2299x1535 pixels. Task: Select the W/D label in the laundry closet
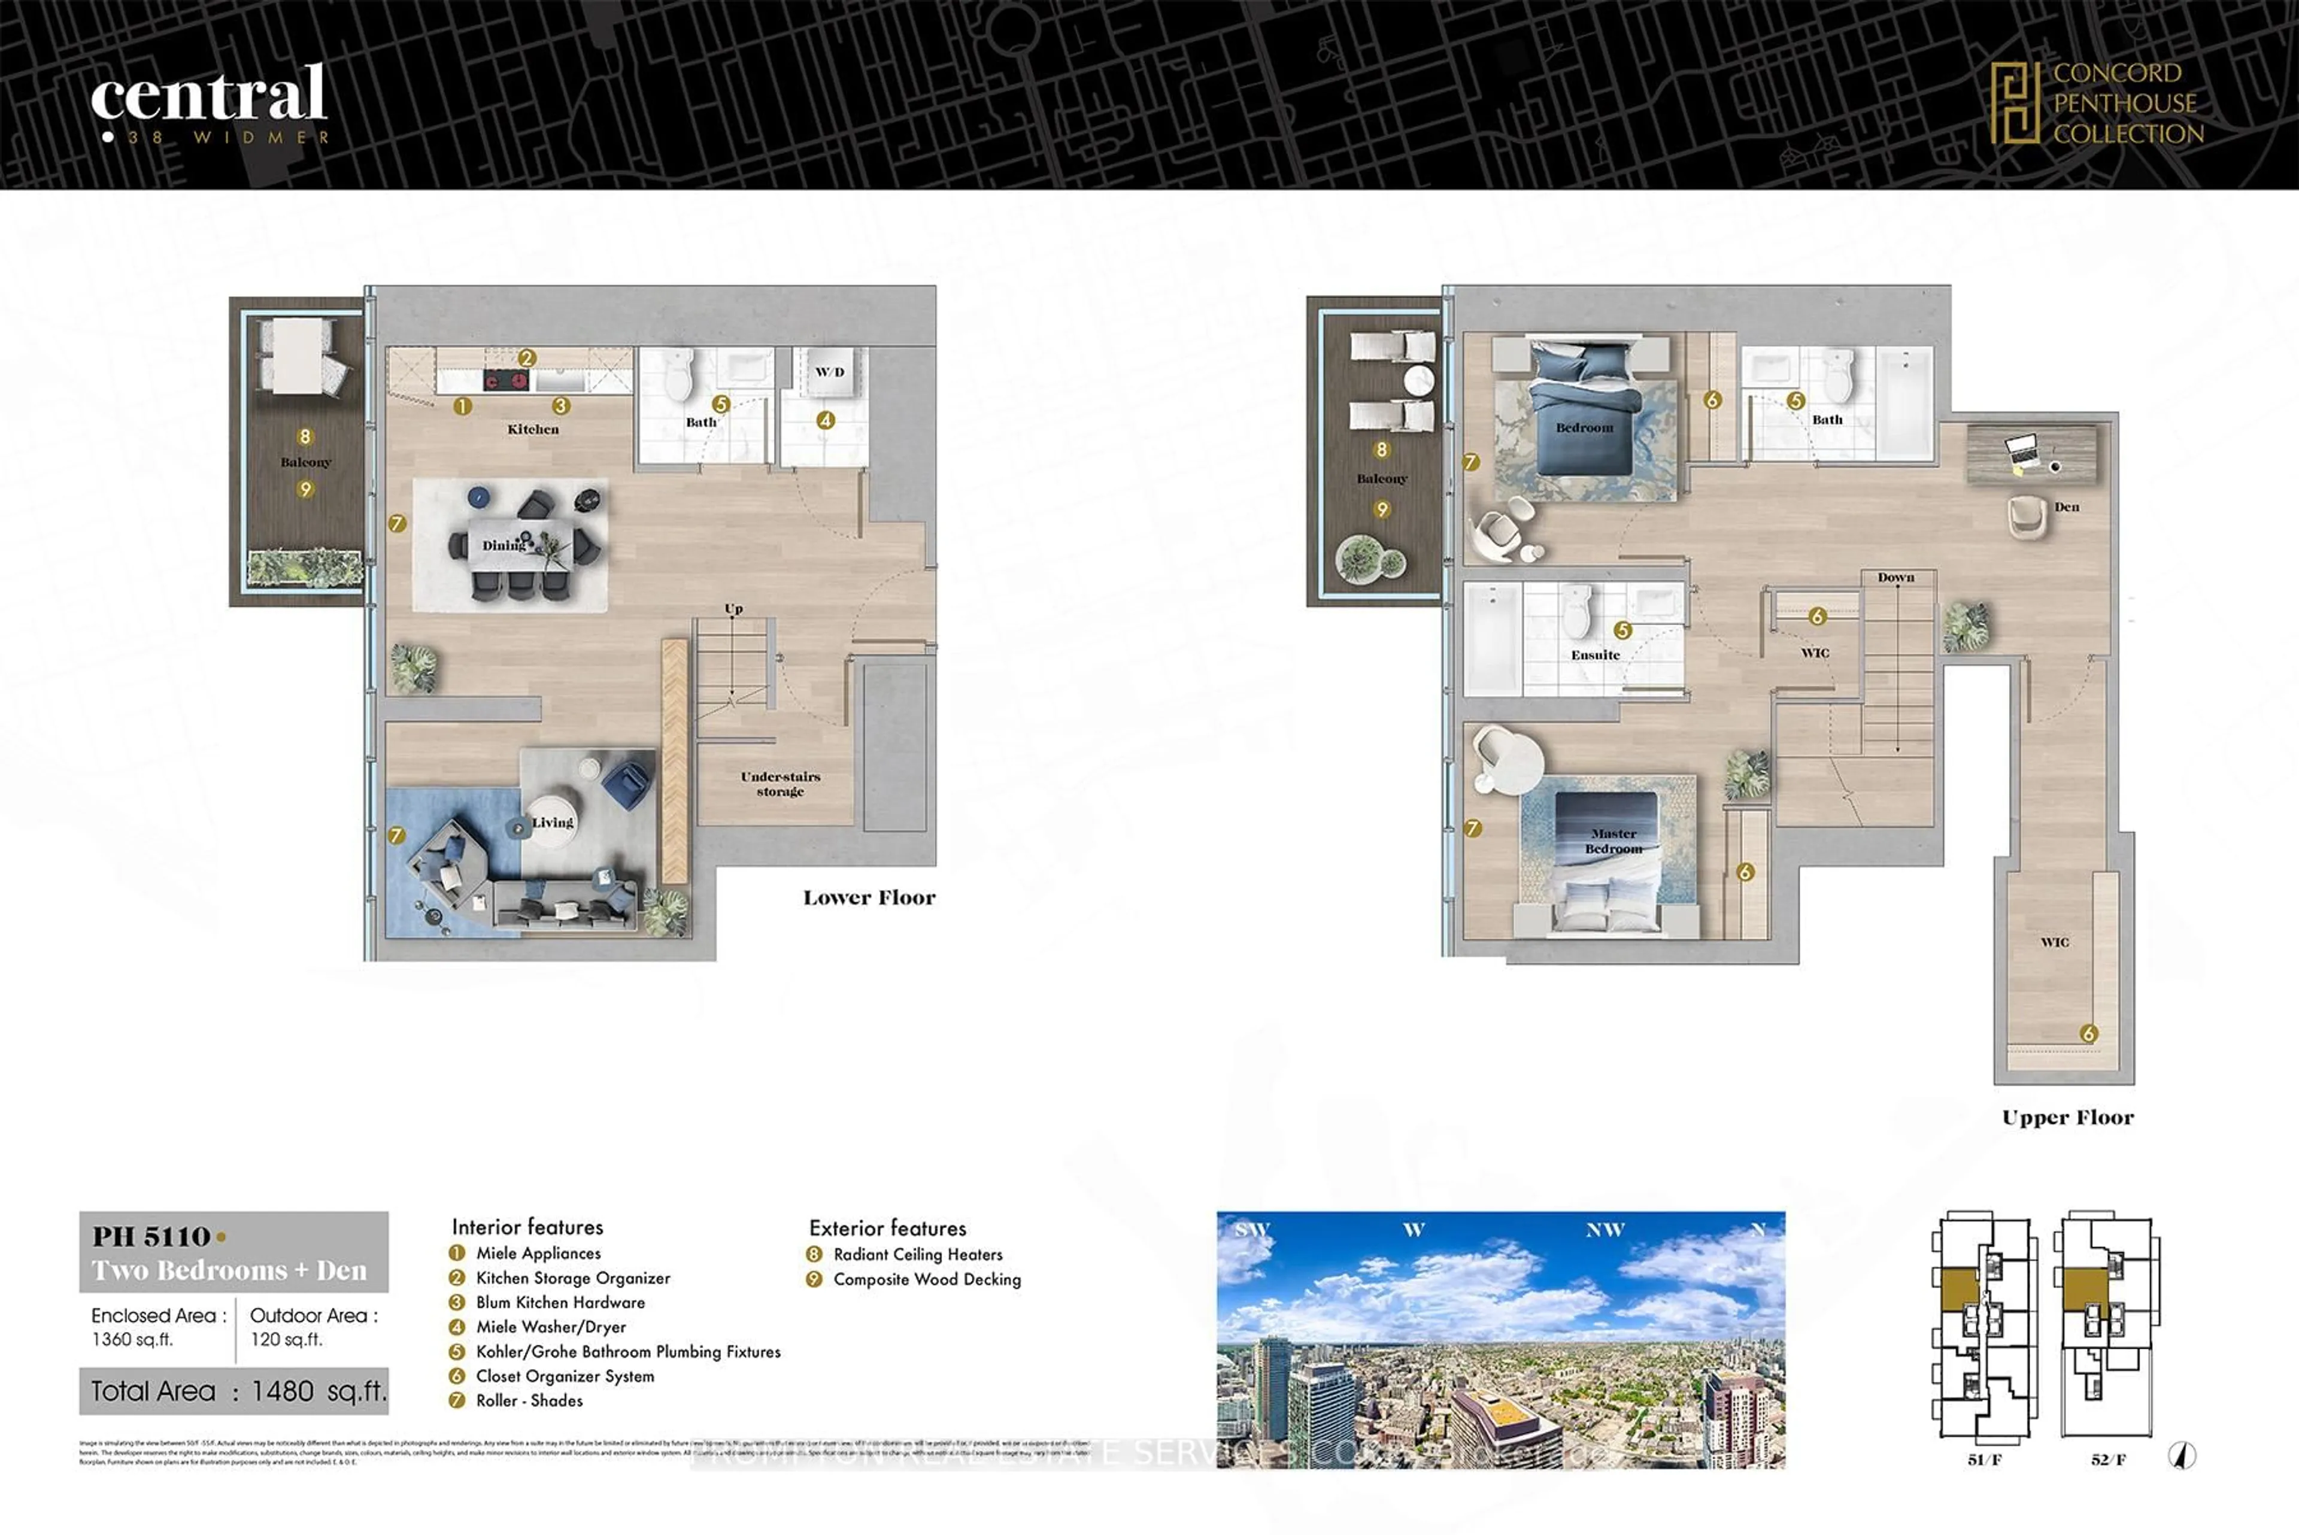coord(829,372)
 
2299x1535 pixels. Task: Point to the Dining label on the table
coord(503,545)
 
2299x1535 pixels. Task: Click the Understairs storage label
coord(780,783)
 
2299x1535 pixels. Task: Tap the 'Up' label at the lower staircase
coord(733,609)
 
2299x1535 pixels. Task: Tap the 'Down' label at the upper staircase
coord(1895,578)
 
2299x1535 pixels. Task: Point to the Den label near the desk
coord(2066,507)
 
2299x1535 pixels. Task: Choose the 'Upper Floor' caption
coord(2067,1118)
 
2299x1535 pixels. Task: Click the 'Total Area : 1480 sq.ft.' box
coord(234,1391)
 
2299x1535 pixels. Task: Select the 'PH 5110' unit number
coord(151,1236)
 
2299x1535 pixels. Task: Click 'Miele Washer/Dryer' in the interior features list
coord(550,1327)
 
